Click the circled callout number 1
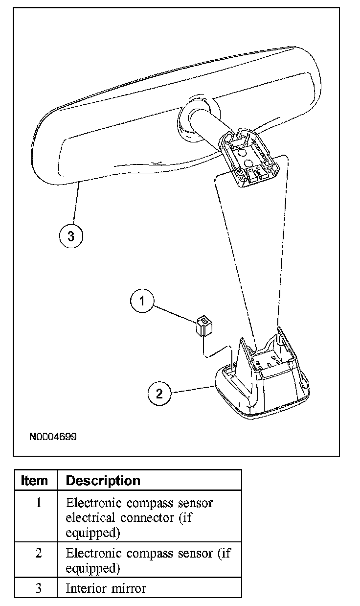pyautogui.click(x=142, y=301)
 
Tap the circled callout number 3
pyautogui.click(x=71, y=236)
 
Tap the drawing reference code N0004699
pyautogui.click(x=52, y=436)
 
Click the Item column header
pyautogui.click(x=35, y=481)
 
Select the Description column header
pyautogui.click(x=103, y=481)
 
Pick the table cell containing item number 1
pyautogui.click(x=39, y=503)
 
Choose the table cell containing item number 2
pyautogui.click(x=39, y=553)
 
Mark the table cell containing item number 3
pyautogui.click(x=39, y=588)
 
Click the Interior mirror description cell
pyautogui.click(x=106, y=588)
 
